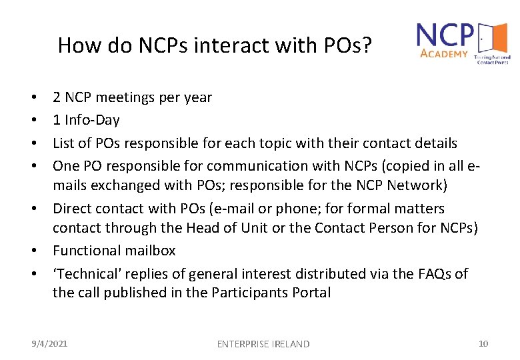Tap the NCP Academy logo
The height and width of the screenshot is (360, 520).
462,41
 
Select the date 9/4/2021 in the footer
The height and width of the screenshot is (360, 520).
50,343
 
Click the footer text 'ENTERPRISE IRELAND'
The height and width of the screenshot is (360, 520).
263,344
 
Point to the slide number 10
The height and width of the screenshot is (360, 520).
483,343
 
